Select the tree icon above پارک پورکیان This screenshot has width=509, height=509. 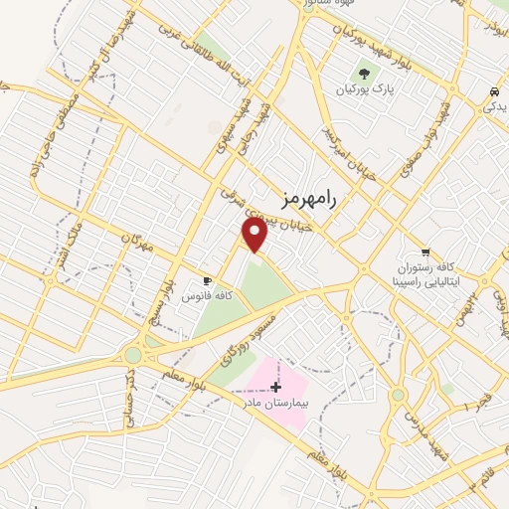pyautogui.click(x=364, y=73)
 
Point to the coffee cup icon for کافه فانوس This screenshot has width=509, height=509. pyautogui.click(x=208, y=280)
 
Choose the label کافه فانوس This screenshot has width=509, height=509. pyautogui.click(x=209, y=295)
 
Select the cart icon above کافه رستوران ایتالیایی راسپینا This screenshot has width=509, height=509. pyautogui.click(x=425, y=253)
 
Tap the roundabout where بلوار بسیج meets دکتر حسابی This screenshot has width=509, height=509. pyautogui.click(x=131, y=354)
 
